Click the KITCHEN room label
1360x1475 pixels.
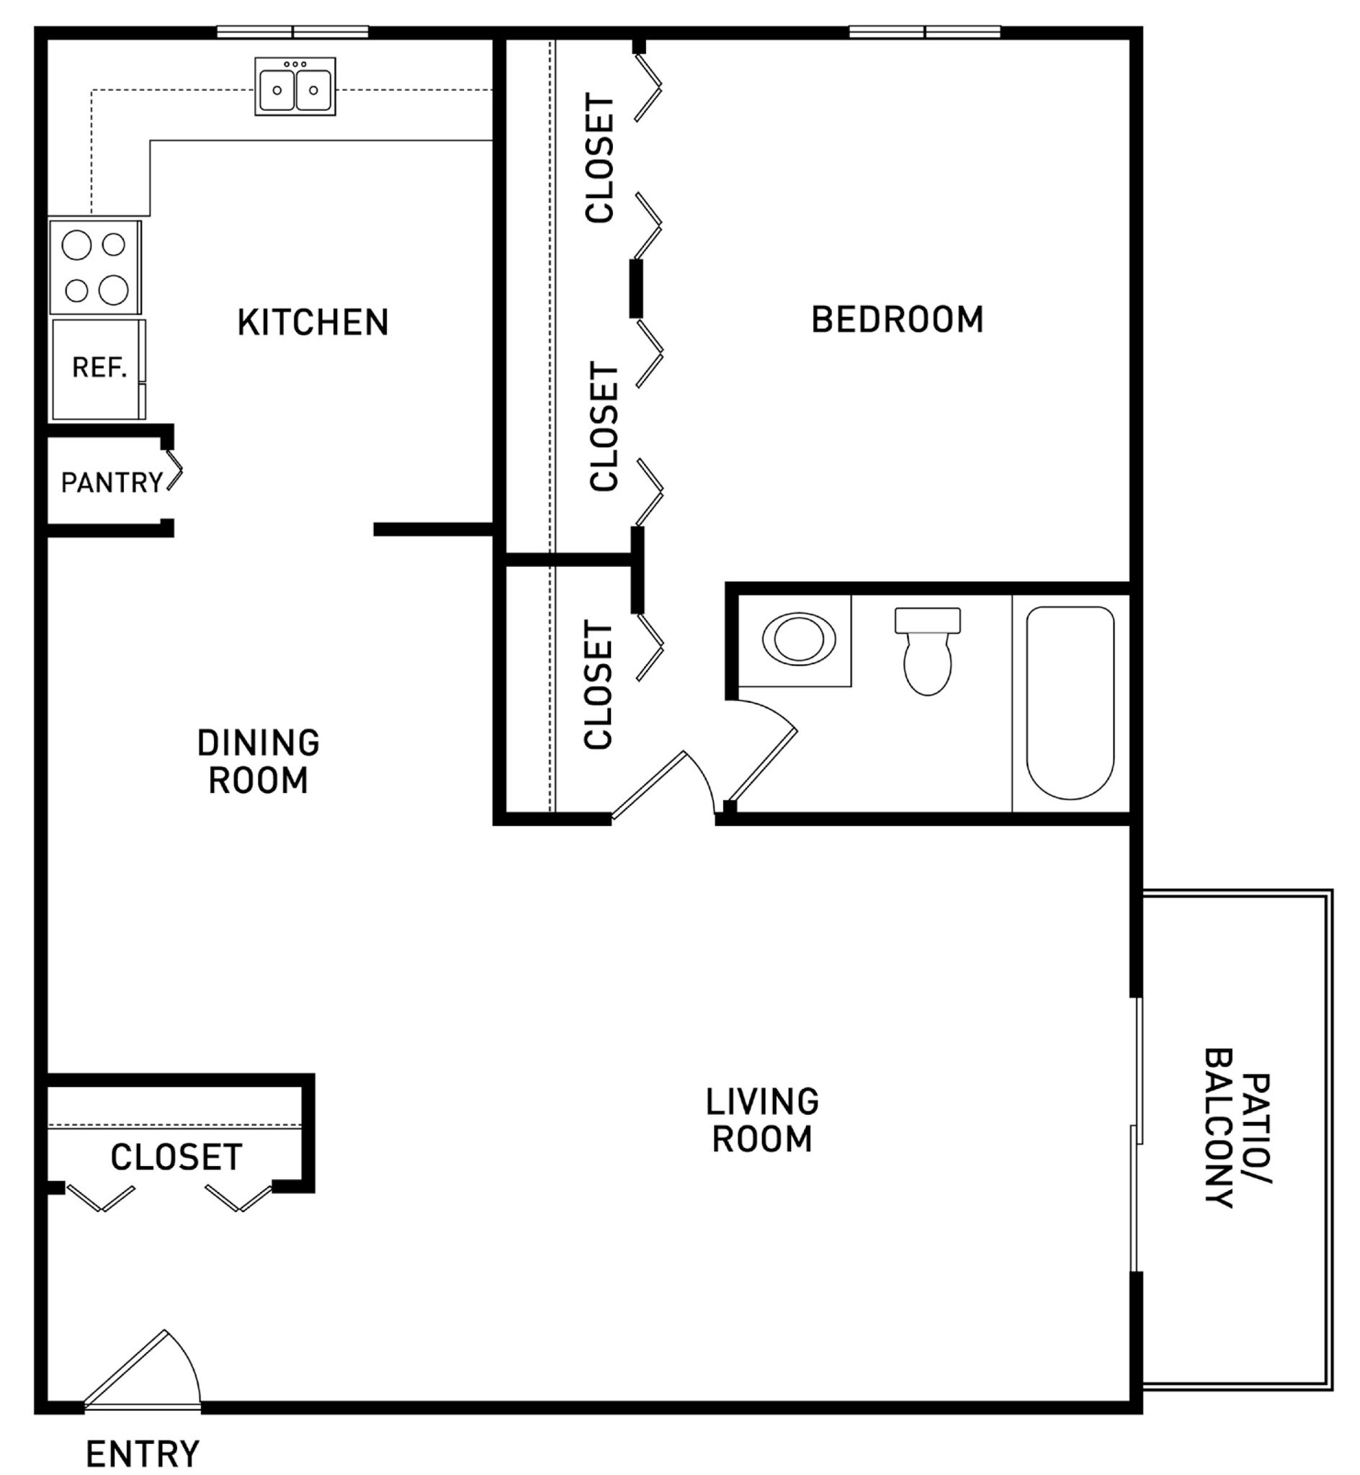[313, 323]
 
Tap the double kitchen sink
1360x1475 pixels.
[295, 88]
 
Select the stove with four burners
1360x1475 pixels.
[95, 267]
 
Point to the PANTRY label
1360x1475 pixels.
[111, 483]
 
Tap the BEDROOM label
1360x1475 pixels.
[897, 320]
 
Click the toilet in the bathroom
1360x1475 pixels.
[927, 652]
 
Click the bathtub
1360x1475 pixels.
[1070, 702]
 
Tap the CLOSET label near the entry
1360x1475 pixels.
[176, 1158]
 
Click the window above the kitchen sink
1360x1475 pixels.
[292, 32]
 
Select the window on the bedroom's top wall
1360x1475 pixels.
[924, 32]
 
